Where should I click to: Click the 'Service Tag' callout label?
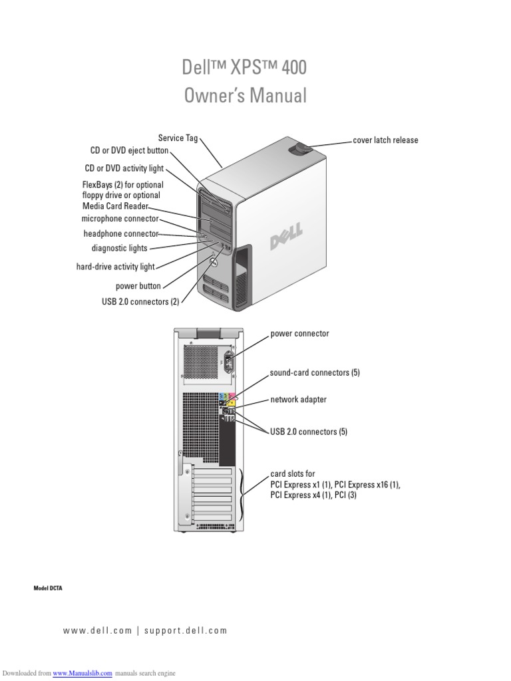(x=178, y=138)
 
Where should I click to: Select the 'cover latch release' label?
(x=385, y=140)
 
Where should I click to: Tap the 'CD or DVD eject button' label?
(x=129, y=151)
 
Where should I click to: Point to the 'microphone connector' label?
(x=120, y=218)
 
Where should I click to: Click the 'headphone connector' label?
(x=120, y=233)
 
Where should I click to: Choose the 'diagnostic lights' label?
(x=119, y=248)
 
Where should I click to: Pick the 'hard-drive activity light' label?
(x=115, y=267)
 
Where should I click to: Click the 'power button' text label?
(x=138, y=286)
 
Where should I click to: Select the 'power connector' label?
(x=299, y=333)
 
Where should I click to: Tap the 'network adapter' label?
(x=298, y=400)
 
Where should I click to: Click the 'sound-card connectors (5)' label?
(x=315, y=372)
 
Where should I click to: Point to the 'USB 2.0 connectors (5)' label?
(x=309, y=432)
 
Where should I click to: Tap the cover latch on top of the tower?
(x=300, y=150)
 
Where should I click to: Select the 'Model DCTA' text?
(x=48, y=589)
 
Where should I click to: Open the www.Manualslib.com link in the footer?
(x=83, y=673)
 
